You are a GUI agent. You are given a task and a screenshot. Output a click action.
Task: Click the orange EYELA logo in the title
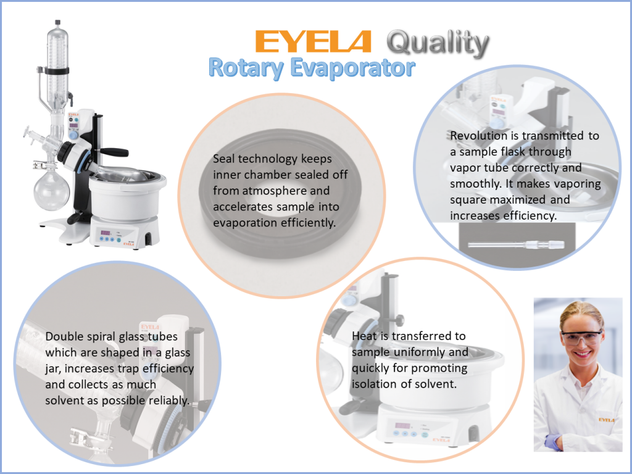(313, 41)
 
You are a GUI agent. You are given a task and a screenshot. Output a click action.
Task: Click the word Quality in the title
(438, 43)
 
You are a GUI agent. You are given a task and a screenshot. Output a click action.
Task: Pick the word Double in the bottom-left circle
(64, 337)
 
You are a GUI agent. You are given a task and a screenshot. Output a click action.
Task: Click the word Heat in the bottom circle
(364, 336)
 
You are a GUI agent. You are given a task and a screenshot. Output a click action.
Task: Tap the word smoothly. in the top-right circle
(472, 184)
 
